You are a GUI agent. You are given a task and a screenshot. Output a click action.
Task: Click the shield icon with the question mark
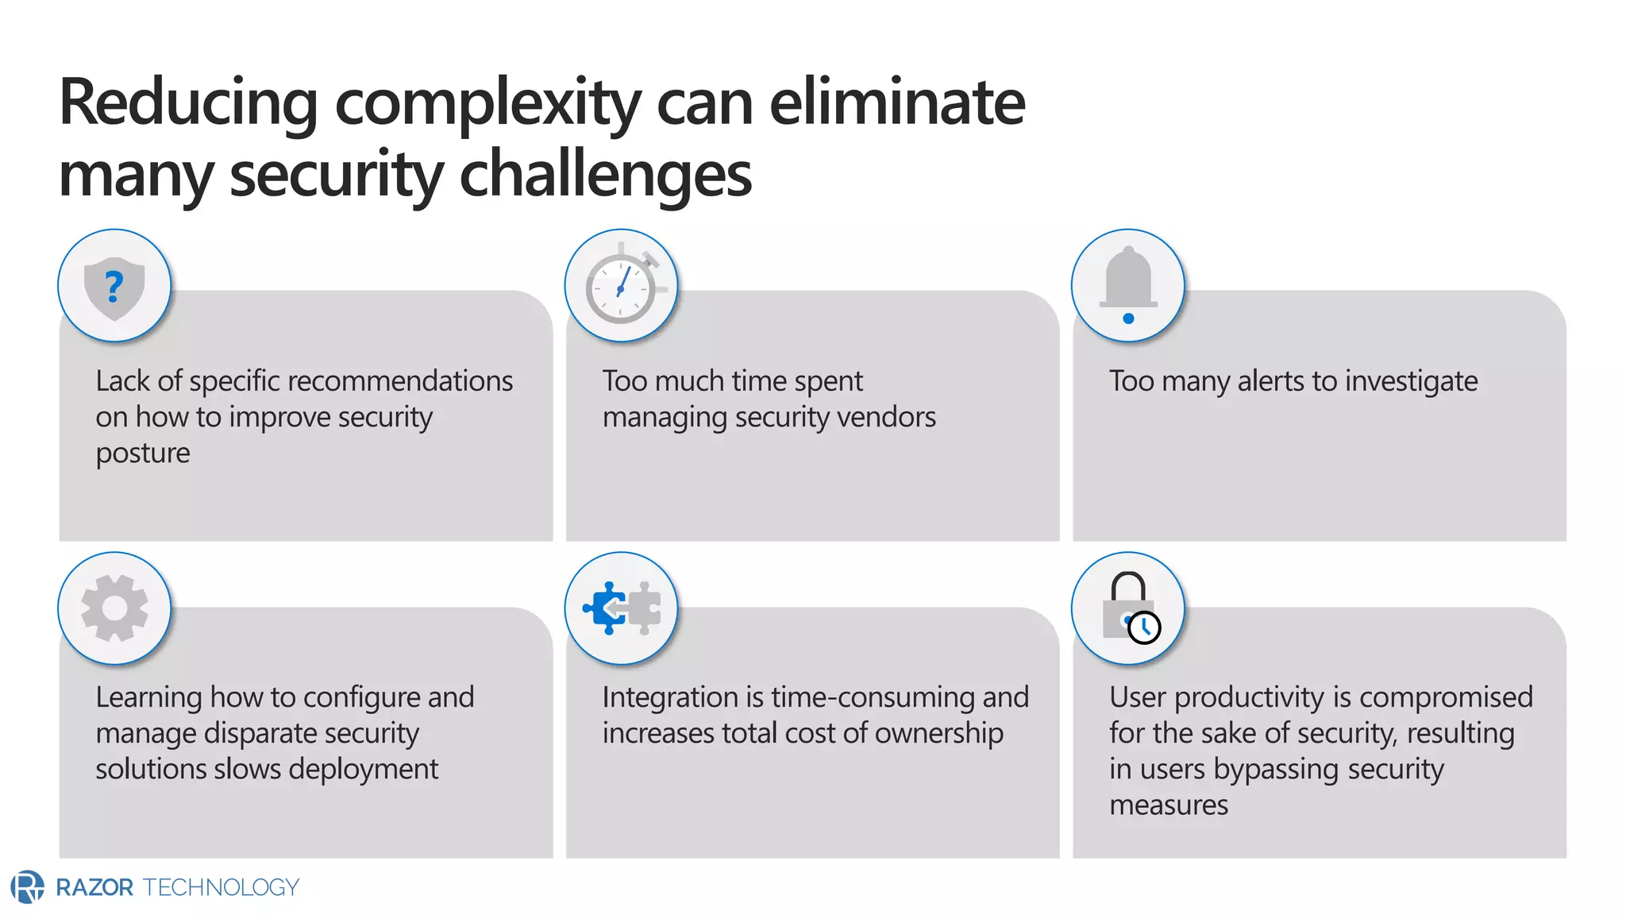(x=114, y=287)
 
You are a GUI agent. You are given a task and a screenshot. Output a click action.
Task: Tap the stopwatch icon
(x=622, y=287)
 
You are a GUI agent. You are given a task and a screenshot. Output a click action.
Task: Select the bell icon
(x=1128, y=285)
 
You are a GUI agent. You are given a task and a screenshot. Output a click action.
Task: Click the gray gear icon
(x=114, y=608)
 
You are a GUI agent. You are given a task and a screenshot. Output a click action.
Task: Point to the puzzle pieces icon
(x=622, y=608)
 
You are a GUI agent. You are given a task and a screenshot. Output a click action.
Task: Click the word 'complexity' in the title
(x=487, y=103)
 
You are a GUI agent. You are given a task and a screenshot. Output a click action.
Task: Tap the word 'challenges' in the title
(x=605, y=175)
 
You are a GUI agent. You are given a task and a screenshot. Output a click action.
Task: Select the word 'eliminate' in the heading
(x=897, y=103)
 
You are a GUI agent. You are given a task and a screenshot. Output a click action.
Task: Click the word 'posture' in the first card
(x=143, y=454)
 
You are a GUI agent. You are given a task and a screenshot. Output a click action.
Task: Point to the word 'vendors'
(x=890, y=417)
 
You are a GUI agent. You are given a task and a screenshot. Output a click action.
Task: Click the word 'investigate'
(x=1411, y=382)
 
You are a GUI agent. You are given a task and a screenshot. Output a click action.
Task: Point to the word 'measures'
(x=1169, y=805)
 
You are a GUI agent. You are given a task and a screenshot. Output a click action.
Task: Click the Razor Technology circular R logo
(x=28, y=887)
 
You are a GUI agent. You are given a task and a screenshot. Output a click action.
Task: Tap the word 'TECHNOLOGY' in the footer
(x=221, y=887)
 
